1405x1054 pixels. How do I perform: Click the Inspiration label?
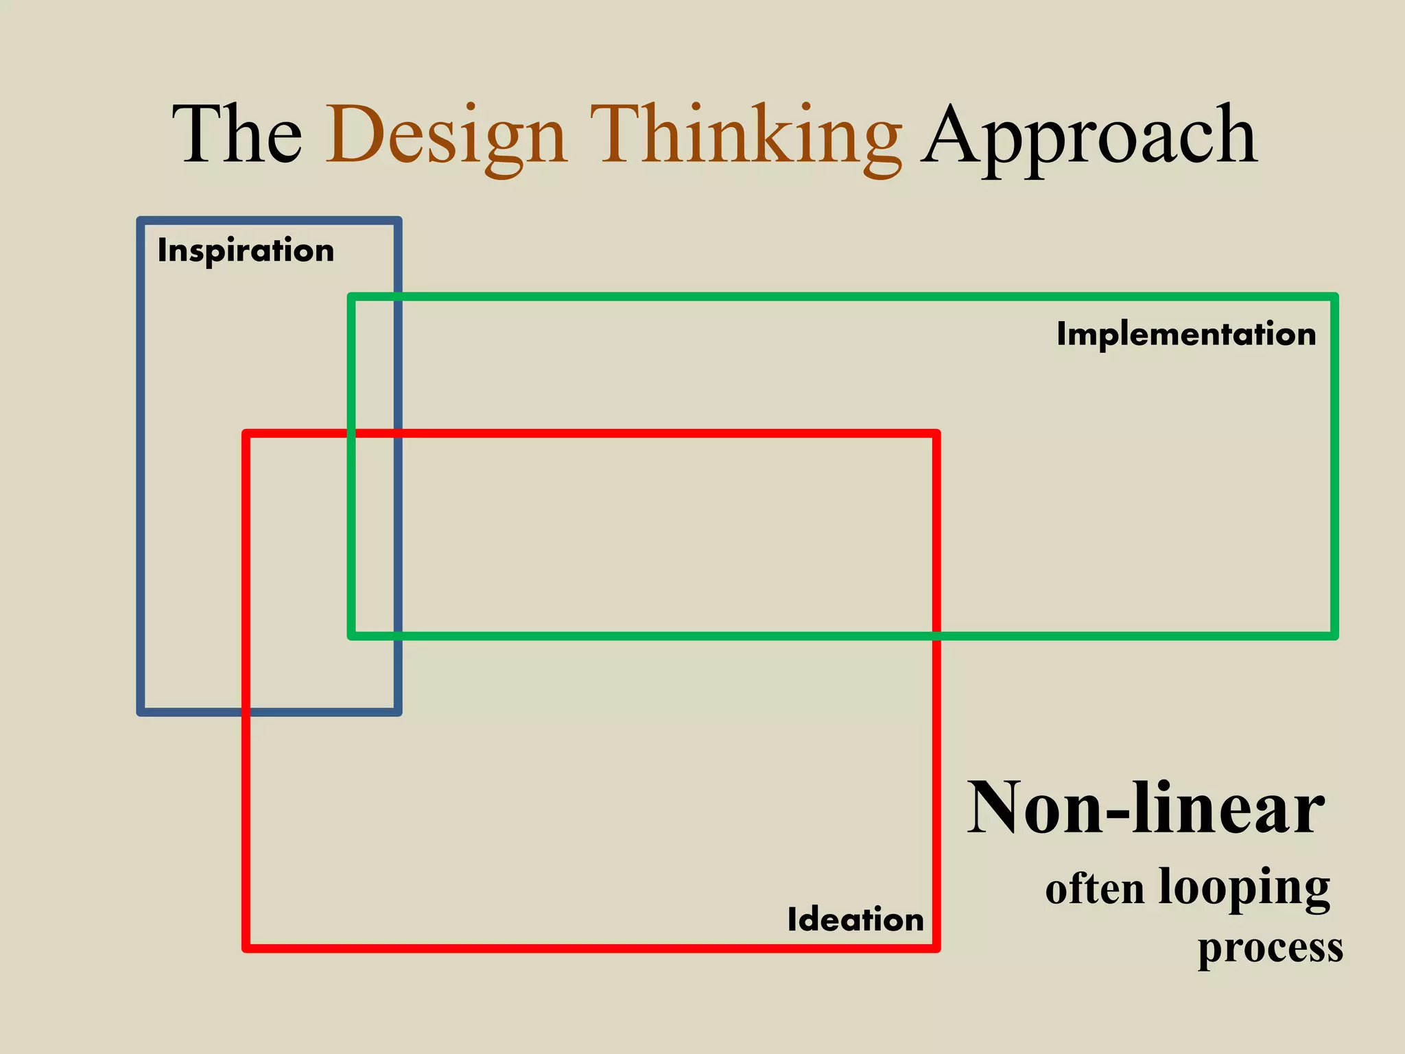tap(246, 250)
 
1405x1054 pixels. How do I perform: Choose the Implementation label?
tap(1186, 334)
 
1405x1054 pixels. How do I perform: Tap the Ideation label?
tap(855, 920)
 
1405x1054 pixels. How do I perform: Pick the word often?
tap(1095, 889)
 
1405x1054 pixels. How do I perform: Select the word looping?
tap(1244, 888)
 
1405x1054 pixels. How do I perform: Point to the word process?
tap(1271, 949)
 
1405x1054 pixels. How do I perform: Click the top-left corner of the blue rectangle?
tap(141, 221)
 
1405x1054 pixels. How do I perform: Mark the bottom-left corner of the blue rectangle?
tap(141, 712)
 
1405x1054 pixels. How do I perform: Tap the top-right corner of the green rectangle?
tap(1335, 296)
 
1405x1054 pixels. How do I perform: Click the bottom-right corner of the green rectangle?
tap(1335, 636)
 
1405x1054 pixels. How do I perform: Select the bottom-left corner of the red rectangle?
tap(246, 948)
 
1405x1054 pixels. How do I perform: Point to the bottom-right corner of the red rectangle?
tap(936, 948)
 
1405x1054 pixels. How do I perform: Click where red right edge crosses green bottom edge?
tap(936, 636)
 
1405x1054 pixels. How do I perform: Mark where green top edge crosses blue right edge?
tap(398, 296)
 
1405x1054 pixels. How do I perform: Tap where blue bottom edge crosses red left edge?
tap(246, 712)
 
